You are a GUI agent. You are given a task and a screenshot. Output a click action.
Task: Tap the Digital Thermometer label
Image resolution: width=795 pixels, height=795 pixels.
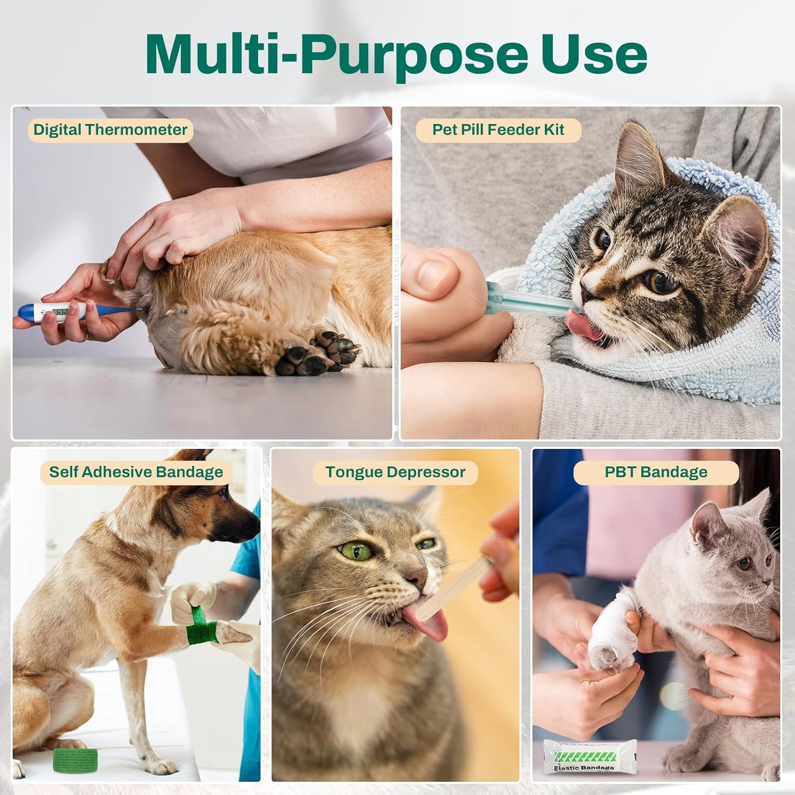pos(110,130)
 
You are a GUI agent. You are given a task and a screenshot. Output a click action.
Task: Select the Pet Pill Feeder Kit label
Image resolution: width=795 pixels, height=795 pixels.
pos(498,130)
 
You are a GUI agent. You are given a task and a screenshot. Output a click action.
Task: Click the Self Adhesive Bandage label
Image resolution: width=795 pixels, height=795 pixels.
pos(136,473)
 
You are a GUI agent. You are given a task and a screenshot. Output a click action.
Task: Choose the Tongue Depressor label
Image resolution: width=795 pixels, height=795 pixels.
pos(395,473)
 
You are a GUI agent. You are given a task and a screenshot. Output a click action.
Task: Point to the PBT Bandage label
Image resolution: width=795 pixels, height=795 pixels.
pos(656,473)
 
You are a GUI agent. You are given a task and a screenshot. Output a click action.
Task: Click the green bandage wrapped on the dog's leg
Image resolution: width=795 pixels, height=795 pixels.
pos(201,626)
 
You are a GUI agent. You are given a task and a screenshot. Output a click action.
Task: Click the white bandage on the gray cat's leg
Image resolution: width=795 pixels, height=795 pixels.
pos(611,627)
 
